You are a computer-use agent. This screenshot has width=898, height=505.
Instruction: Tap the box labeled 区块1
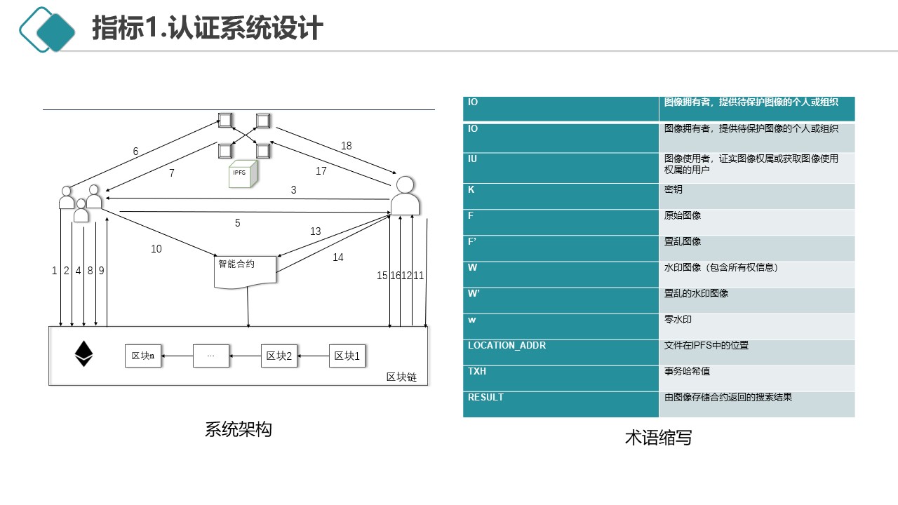[347, 356]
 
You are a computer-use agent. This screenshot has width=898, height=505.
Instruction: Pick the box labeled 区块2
[279, 356]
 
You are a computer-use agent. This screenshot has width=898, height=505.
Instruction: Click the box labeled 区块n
[142, 356]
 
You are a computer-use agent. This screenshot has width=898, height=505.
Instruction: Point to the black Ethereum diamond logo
[84, 354]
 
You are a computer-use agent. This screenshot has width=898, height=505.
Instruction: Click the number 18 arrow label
[346, 146]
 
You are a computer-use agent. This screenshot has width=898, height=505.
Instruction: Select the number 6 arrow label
[136, 151]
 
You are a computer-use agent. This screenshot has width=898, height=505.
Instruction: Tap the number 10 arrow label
[156, 249]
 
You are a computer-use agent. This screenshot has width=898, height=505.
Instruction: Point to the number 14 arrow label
[338, 257]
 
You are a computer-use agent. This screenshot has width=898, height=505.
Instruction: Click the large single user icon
[405, 196]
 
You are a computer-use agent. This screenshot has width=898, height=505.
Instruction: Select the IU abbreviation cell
[561, 168]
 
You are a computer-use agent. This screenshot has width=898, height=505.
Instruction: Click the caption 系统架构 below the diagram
[238, 429]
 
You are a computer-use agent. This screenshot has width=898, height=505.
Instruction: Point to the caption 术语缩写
[658, 438]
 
